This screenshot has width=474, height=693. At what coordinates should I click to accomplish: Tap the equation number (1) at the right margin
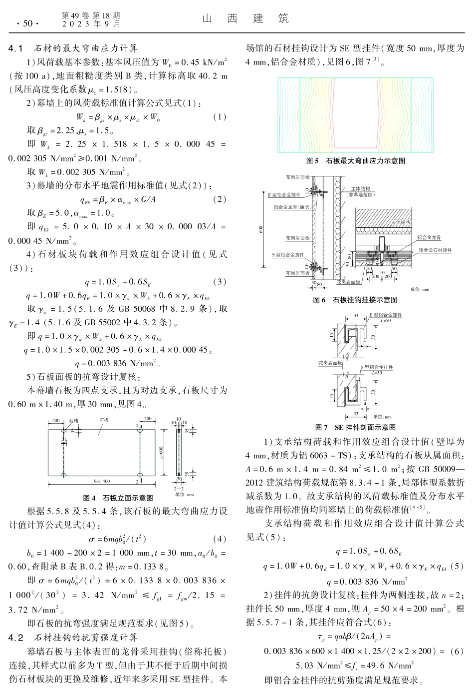point(220,117)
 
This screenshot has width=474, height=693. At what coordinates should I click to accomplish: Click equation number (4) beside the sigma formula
point(220,539)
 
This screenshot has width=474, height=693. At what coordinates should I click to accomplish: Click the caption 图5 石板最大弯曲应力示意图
point(355,161)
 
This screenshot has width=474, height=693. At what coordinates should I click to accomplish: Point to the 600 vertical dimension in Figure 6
point(261,229)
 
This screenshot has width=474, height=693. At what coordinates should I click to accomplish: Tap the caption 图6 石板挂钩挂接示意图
point(355,299)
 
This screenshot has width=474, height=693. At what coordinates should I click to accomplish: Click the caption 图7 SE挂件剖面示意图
point(355,427)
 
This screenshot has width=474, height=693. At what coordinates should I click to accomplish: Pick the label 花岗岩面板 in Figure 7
point(330,363)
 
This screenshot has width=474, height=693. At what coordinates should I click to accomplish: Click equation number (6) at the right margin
point(456,651)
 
